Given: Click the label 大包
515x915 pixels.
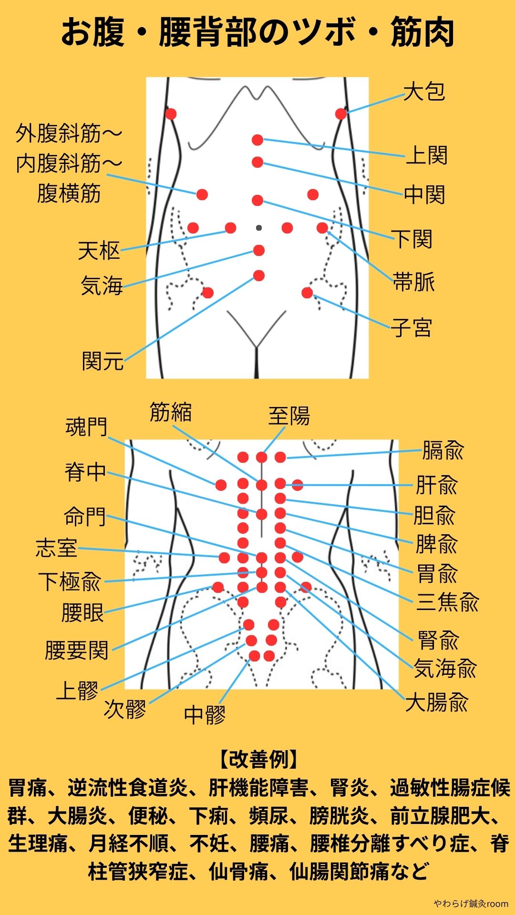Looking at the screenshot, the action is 424,91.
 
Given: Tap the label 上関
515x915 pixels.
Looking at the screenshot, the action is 426,155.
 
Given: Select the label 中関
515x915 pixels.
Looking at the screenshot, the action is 424,194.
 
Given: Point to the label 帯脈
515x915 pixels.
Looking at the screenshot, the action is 414,282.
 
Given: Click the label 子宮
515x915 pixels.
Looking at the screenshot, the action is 412,328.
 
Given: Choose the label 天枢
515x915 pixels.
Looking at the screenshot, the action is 99,251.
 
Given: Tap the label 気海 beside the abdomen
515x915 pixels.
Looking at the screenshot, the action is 102,286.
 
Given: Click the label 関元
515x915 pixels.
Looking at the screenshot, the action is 103,361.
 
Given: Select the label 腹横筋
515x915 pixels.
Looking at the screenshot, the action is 69,194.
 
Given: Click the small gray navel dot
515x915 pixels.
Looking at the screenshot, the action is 258,228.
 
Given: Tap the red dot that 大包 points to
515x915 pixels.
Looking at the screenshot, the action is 340,114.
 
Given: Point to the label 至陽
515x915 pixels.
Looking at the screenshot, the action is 289,416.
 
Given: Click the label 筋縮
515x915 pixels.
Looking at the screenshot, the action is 171,412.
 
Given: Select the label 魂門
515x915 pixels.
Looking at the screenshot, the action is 86,427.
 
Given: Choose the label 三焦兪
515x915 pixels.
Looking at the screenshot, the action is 447,602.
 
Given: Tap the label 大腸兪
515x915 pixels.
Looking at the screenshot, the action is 437,702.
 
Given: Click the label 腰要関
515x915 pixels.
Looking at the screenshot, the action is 77,650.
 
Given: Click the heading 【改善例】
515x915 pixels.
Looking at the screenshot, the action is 258,759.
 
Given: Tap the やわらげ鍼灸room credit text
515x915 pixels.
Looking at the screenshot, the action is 471,904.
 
